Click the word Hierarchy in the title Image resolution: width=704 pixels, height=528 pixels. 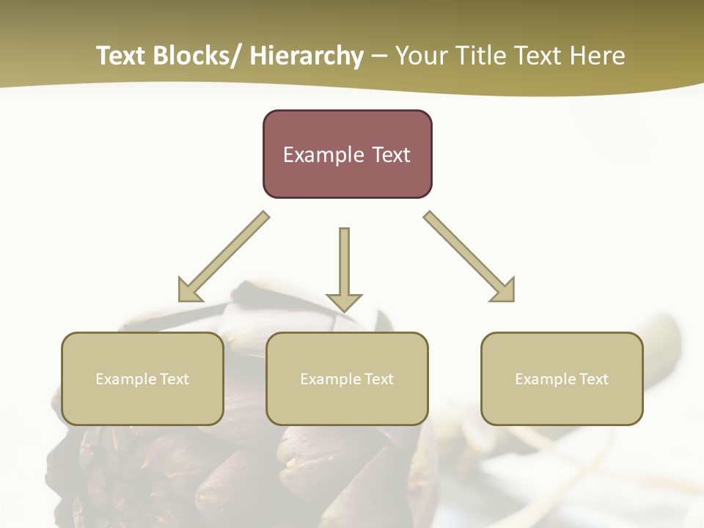[307, 56]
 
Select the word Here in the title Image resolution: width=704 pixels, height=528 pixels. [595, 56]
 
